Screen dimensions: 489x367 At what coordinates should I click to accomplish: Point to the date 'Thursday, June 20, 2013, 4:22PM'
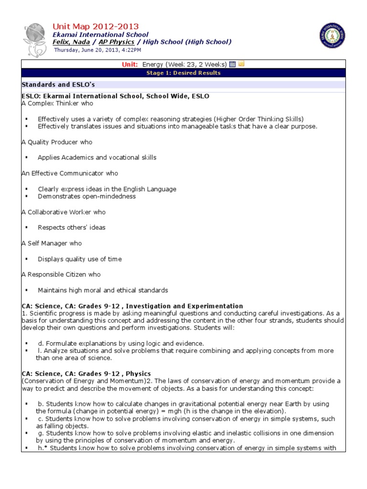[x=97, y=50]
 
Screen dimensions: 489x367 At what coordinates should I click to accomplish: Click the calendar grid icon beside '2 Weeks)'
[x=232, y=64]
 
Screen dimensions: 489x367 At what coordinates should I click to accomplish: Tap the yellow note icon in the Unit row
[x=241, y=64]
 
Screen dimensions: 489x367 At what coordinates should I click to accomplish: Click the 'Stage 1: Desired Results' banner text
[x=183, y=73]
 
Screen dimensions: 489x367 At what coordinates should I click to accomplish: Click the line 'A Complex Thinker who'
[x=57, y=103]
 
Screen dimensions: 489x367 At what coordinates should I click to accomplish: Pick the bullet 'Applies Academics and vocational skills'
[x=97, y=158]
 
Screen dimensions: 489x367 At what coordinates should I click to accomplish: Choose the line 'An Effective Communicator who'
[x=70, y=173]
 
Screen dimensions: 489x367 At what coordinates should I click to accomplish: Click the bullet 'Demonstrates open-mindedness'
[x=86, y=196]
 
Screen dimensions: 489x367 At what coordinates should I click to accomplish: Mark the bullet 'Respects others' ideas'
[x=72, y=227]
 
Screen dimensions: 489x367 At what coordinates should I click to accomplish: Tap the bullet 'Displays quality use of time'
[x=80, y=259]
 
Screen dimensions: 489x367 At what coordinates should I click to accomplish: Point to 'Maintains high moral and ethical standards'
[x=103, y=290]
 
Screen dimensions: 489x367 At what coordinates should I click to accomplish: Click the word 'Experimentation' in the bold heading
[x=217, y=306]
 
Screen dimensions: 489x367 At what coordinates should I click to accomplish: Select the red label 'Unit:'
[x=130, y=64]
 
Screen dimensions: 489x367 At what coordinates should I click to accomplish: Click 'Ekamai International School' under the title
[x=100, y=35]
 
